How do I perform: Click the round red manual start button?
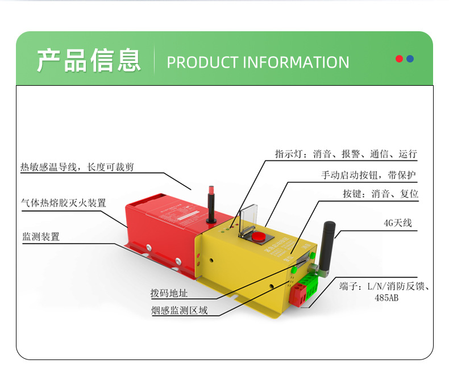[260, 236]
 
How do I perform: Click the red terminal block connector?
[298, 294]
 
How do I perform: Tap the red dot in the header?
[400, 58]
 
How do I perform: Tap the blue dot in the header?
[410, 58]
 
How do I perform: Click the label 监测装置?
[41, 237]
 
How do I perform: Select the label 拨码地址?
[169, 294]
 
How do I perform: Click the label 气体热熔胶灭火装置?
[63, 203]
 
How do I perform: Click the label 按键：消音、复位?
[380, 194]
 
